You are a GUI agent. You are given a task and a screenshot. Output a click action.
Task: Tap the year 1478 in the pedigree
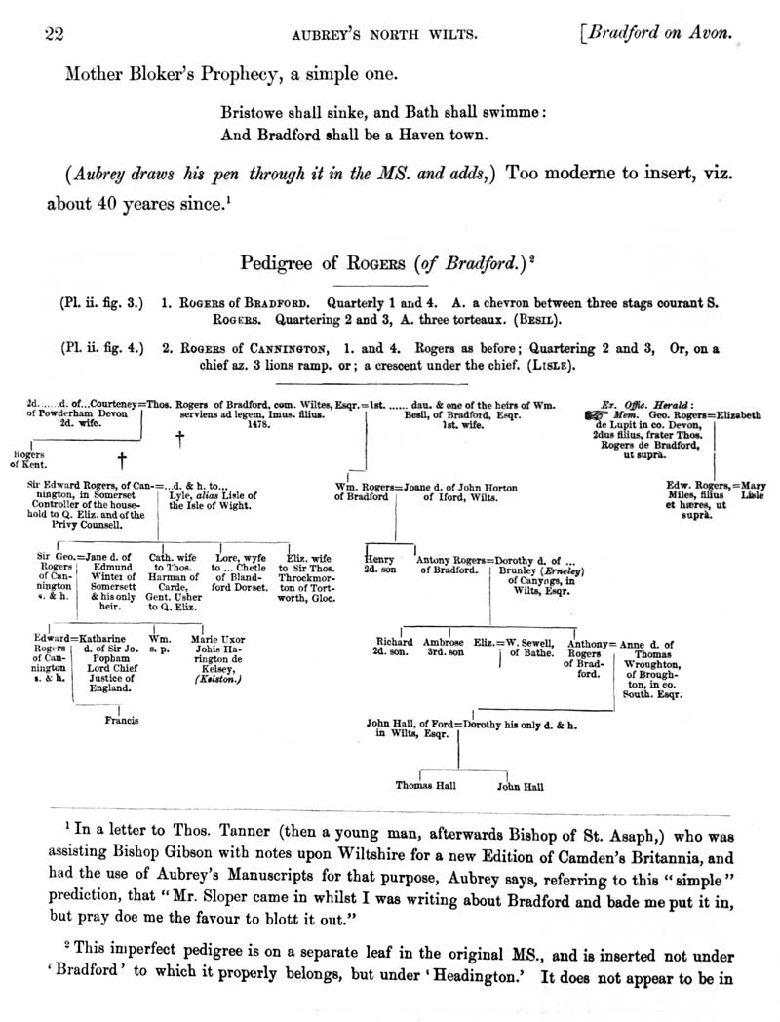[258, 425]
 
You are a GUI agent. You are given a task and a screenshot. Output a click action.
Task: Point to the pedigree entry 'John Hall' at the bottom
[520, 784]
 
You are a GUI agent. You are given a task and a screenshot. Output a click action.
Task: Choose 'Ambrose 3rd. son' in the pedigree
[444, 648]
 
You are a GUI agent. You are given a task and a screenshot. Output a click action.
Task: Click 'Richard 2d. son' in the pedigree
[395, 648]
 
